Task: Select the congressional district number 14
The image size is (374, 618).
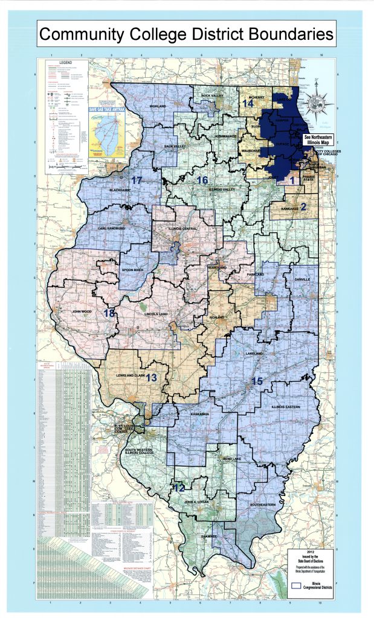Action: pyautogui.click(x=247, y=103)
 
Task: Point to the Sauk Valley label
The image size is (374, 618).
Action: pyautogui.click(x=175, y=147)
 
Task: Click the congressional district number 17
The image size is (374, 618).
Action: pyautogui.click(x=137, y=180)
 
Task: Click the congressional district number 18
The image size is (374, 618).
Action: pyautogui.click(x=109, y=313)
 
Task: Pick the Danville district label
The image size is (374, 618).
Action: pyautogui.click(x=302, y=280)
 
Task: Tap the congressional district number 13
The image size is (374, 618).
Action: pyautogui.click(x=151, y=378)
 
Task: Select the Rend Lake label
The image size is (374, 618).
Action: pyautogui.click(x=232, y=459)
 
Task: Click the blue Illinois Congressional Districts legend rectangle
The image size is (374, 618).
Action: pyautogui.click(x=297, y=584)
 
